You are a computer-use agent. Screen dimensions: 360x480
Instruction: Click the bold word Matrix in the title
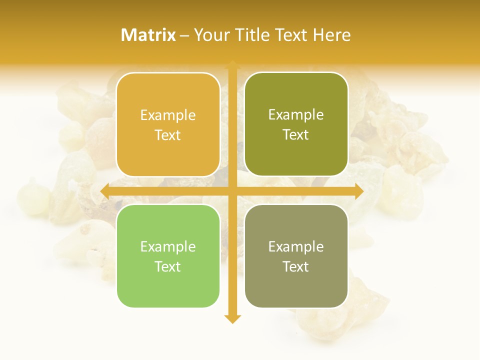pyautogui.click(x=148, y=35)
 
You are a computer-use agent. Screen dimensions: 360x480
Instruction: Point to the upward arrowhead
pyautogui.click(x=232, y=64)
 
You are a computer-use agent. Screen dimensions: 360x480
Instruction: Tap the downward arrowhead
pyautogui.click(x=232, y=319)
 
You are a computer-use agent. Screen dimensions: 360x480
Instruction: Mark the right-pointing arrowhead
pyautogui.click(x=358, y=191)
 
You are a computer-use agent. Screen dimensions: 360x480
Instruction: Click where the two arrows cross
pyautogui.click(x=232, y=191)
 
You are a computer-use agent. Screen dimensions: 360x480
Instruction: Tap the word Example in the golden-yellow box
pyautogui.click(x=168, y=115)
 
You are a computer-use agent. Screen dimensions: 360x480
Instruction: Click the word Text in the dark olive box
pyautogui.click(x=296, y=135)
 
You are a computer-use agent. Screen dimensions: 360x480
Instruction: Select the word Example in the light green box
pyautogui.click(x=168, y=247)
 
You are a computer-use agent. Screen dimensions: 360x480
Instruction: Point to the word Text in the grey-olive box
pyautogui.click(x=296, y=266)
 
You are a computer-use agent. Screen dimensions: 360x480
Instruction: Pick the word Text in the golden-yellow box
pyautogui.click(x=168, y=135)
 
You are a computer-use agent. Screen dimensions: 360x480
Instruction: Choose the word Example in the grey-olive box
pyautogui.click(x=296, y=247)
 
